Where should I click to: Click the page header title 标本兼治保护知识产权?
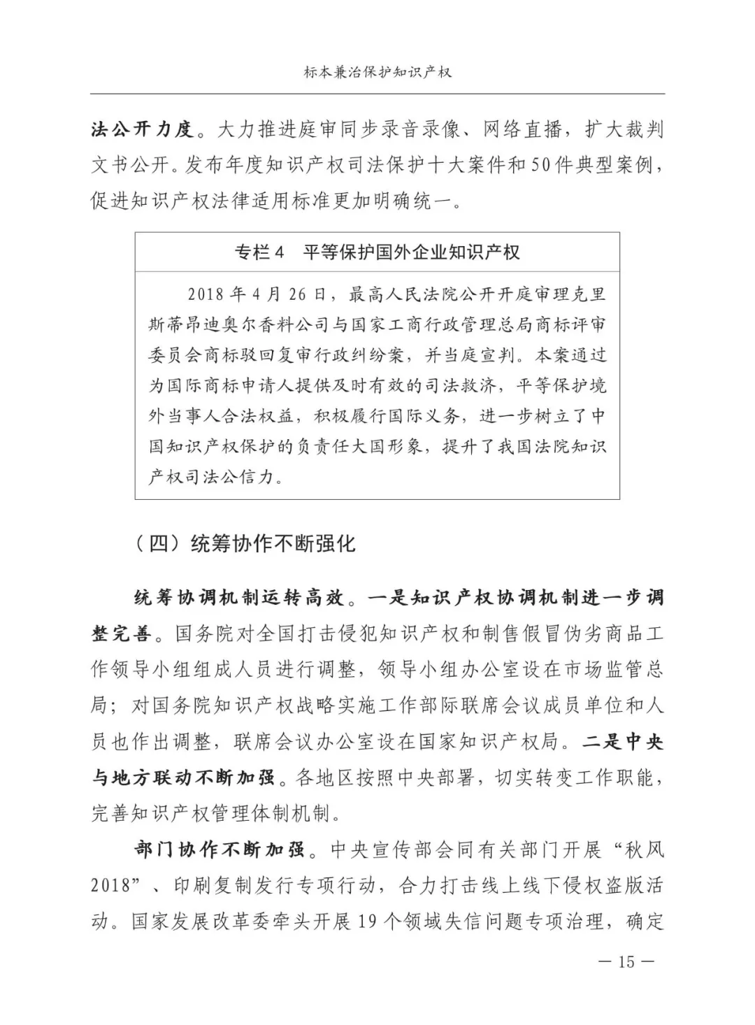377,72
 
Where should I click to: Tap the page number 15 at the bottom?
626,961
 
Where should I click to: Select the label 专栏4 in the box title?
260,252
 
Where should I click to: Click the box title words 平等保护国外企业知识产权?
412,252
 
